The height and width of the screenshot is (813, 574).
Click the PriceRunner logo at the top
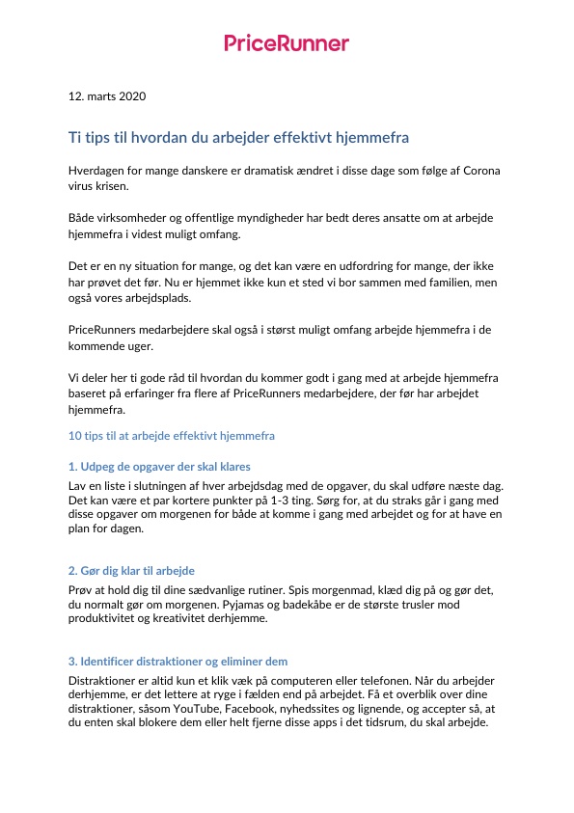[287, 42]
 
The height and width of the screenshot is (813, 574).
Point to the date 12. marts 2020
[107, 96]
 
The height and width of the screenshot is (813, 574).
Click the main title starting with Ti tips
[238, 138]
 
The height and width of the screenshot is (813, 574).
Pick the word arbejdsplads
[141, 299]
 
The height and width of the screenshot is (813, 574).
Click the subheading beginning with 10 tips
[172, 436]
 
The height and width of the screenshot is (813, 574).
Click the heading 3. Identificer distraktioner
[178, 662]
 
